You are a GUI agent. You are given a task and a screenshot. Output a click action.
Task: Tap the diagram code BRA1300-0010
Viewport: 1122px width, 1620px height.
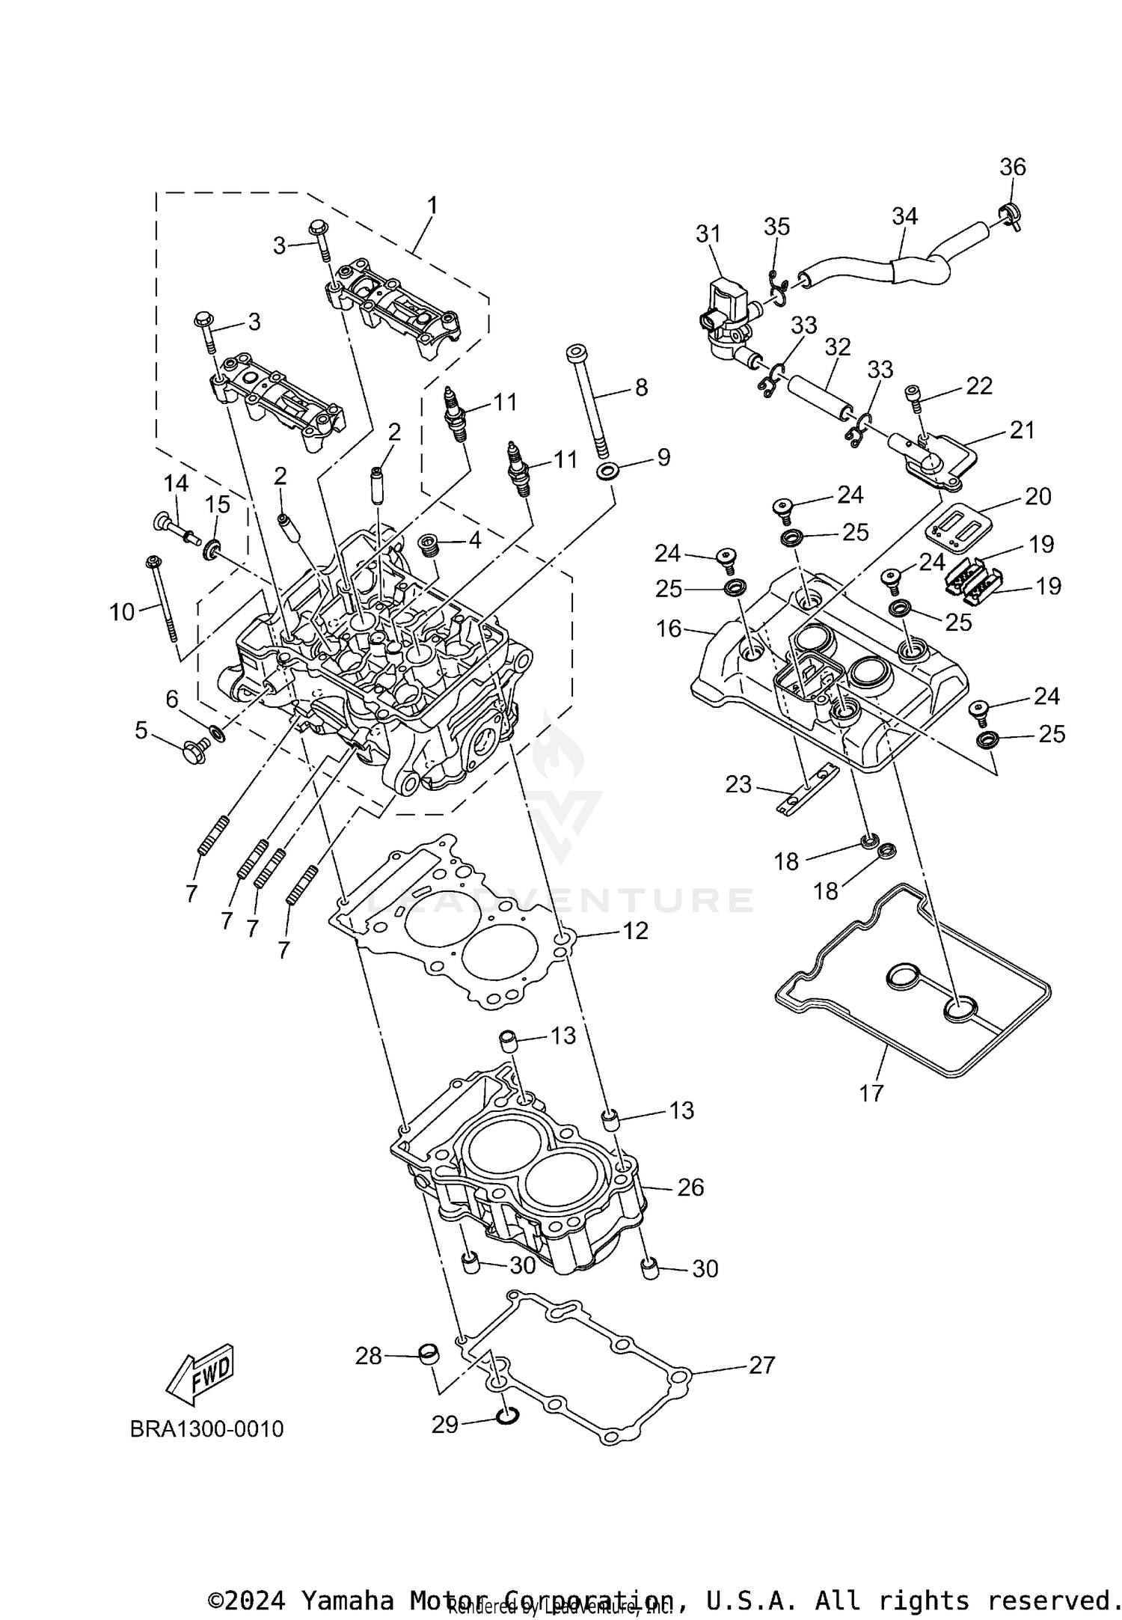(x=206, y=1429)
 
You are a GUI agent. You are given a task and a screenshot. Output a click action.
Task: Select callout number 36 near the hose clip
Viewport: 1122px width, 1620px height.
(x=1013, y=167)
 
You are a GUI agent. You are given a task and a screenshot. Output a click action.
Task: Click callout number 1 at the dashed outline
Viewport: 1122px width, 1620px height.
(x=432, y=205)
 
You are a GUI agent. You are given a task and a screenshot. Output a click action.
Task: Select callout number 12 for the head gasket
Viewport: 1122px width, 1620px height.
(x=635, y=930)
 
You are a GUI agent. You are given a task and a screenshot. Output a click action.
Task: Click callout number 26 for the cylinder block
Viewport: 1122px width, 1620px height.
(x=690, y=1188)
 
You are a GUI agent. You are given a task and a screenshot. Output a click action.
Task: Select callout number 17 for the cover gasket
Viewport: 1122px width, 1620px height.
(x=871, y=1094)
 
